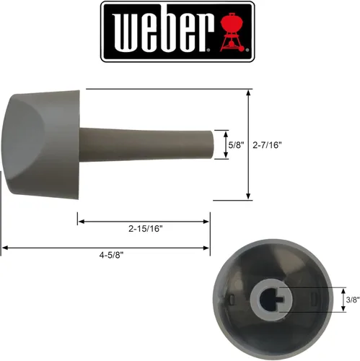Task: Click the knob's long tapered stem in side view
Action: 144,144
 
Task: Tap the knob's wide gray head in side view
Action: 43,144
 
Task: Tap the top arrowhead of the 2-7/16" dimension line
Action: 249,93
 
